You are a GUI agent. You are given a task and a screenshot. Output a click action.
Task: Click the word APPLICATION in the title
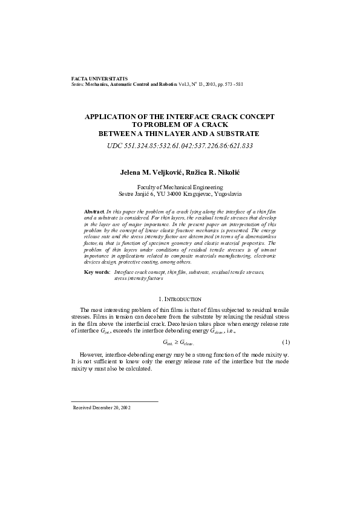(116, 115)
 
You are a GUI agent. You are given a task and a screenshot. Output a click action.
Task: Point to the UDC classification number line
(180, 146)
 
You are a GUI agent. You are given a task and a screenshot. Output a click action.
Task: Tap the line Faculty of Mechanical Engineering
(180, 188)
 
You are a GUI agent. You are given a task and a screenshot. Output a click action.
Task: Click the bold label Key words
(97, 273)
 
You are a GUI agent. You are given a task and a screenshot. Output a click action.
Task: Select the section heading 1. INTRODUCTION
(180, 299)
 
